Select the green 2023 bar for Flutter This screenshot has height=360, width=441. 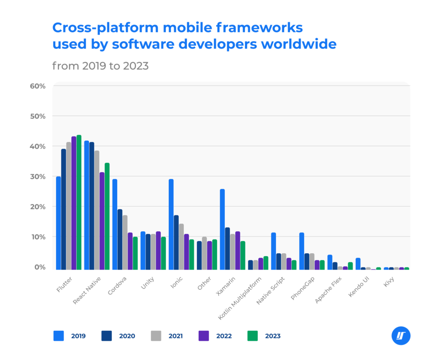[x=79, y=202]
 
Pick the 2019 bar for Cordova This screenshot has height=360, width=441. [x=115, y=224]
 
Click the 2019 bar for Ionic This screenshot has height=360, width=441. [x=171, y=224]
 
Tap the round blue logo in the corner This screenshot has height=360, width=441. [x=401, y=336]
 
